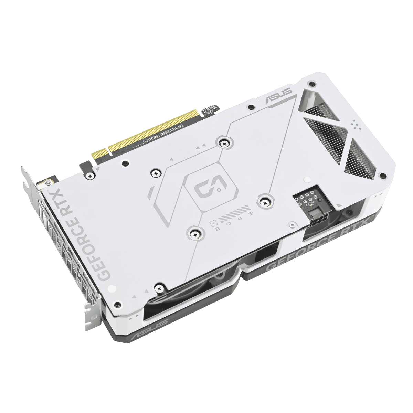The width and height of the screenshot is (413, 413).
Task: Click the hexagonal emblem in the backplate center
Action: [211, 188]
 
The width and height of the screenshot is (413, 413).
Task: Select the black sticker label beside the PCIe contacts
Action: [210, 109]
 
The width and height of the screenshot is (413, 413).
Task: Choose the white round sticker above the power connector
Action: [307, 179]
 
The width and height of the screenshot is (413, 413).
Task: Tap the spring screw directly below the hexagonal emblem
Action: [195, 233]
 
